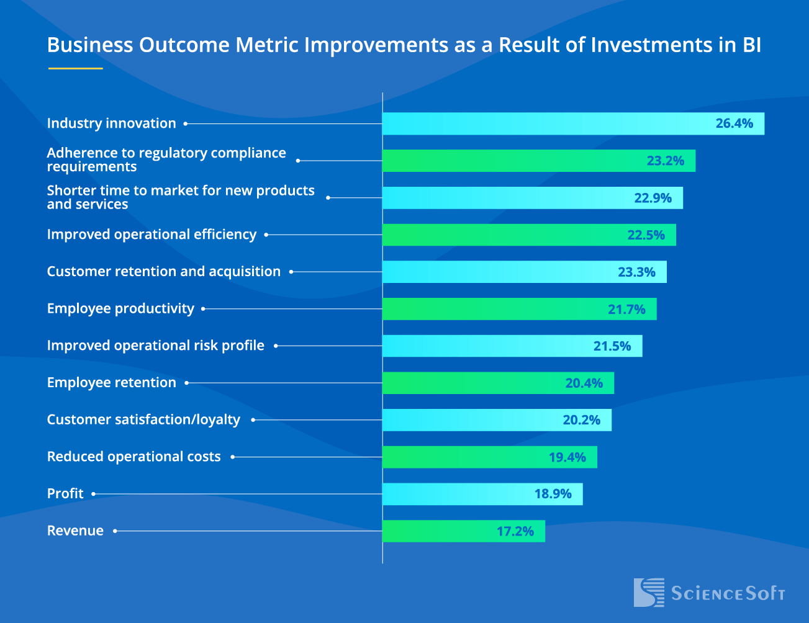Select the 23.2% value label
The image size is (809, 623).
click(x=665, y=161)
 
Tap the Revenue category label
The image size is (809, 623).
click(x=75, y=531)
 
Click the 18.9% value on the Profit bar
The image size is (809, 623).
click(x=553, y=494)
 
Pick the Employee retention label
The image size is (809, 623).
click(x=112, y=383)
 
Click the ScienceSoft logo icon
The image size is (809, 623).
click(x=648, y=593)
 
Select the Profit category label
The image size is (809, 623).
click(x=65, y=494)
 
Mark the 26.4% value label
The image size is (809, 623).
click(x=734, y=123)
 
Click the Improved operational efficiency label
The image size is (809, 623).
click(x=151, y=235)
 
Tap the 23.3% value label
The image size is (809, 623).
click(x=636, y=272)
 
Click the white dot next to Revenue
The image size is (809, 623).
click(x=115, y=531)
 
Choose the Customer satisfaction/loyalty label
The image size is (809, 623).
click(x=143, y=420)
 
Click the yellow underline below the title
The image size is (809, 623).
click(x=75, y=68)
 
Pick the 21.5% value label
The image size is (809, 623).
click(x=612, y=346)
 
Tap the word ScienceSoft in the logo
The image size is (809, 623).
click(x=728, y=594)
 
